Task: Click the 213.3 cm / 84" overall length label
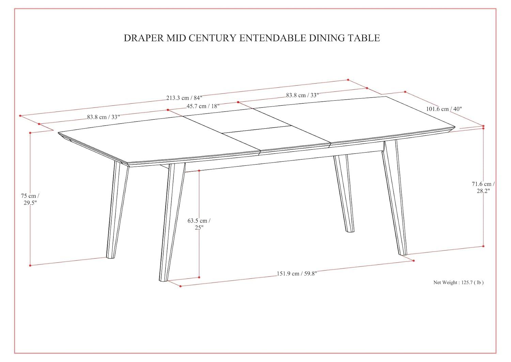184,98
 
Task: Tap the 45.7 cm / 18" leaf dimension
203,106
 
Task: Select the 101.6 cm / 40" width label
444,109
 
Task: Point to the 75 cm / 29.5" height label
30,199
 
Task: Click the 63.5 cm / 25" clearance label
199,224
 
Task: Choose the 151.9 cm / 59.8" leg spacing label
297,273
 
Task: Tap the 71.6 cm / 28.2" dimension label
483,187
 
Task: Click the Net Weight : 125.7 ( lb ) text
458,283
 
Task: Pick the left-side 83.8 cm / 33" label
103,117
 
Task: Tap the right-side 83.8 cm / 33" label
302,95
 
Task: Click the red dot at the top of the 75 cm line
30,133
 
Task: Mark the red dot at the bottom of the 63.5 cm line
199,277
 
